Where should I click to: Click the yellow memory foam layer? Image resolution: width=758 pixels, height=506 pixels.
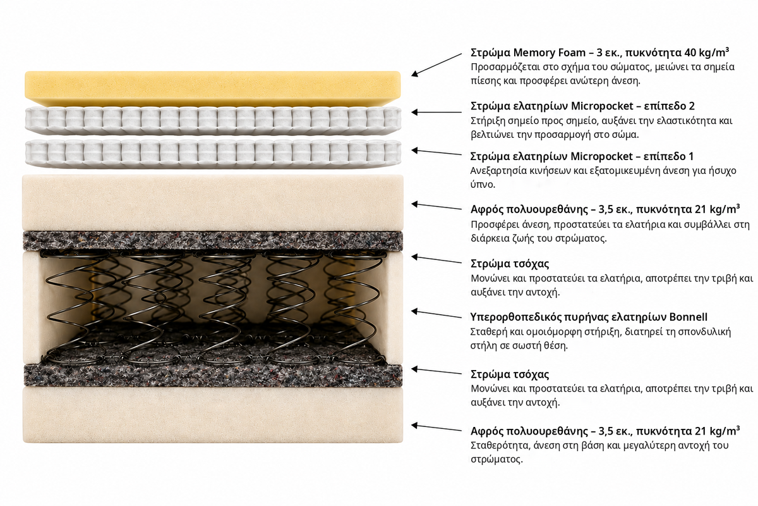point(212,88)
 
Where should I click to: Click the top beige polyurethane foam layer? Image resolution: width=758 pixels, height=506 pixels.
point(213,202)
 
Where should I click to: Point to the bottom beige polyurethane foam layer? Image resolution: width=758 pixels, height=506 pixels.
point(213,415)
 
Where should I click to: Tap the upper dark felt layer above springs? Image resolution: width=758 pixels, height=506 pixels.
point(213,240)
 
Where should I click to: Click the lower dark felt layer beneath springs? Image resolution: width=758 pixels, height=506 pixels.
point(213,376)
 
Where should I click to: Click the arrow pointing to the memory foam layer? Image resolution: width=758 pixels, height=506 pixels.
point(436,65)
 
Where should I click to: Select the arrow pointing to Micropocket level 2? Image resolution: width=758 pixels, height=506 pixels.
point(436,112)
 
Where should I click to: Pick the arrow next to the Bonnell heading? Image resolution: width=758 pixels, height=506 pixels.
point(436,314)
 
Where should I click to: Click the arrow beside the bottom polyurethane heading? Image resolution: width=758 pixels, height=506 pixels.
point(436,428)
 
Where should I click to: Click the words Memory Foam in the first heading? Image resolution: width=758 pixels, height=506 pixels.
point(549,52)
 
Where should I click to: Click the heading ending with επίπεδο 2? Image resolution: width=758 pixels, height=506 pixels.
point(582,106)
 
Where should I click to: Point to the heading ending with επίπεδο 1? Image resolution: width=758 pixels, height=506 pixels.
point(582,156)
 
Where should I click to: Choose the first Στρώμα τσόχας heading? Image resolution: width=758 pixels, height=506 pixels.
point(510,264)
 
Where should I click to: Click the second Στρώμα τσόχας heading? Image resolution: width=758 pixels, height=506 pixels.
point(510,374)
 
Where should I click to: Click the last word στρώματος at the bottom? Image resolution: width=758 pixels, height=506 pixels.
point(496,459)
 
